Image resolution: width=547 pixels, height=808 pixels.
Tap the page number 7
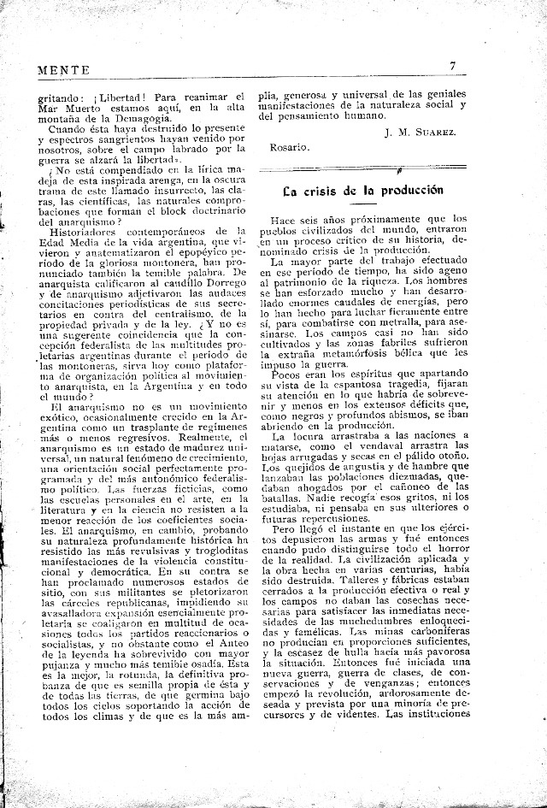[453, 66]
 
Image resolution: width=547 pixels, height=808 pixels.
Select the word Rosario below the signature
[288, 147]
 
